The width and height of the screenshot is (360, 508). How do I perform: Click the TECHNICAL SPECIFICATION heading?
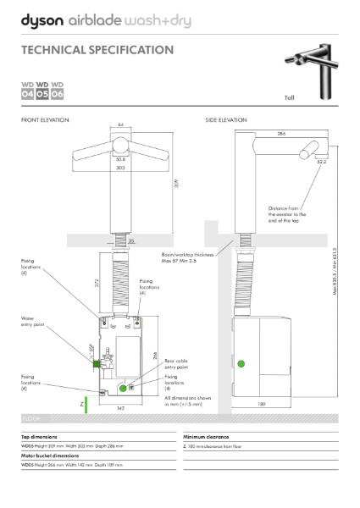click(x=97, y=51)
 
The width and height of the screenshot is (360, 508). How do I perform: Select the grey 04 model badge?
click(x=27, y=94)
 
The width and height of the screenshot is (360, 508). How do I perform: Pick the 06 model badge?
click(x=58, y=94)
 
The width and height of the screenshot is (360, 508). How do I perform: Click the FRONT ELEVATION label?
click(x=43, y=121)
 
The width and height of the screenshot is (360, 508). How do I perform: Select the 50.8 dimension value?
click(x=121, y=158)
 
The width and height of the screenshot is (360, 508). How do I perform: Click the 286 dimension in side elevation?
click(x=280, y=134)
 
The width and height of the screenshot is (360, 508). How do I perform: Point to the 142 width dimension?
click(x=121, y=407)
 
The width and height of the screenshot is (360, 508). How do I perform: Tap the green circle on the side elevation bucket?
click(x=241, y=364)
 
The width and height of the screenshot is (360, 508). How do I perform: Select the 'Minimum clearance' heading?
click(x=206, y=436)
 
